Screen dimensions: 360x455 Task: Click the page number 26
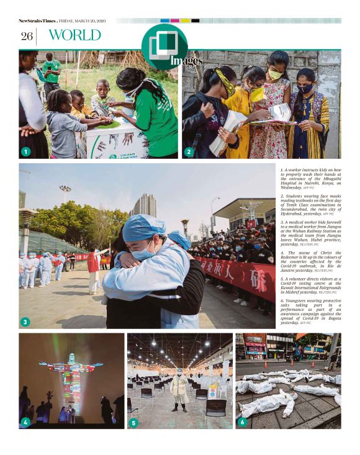26,36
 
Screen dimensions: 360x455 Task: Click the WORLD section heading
74,35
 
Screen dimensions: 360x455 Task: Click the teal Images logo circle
164,46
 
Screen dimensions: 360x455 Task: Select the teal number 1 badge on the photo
25,151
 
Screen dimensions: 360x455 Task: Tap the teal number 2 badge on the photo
189,151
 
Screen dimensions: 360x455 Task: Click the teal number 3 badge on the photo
25,322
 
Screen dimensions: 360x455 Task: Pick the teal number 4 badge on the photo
25,422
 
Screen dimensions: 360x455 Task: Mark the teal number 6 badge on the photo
242,423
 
